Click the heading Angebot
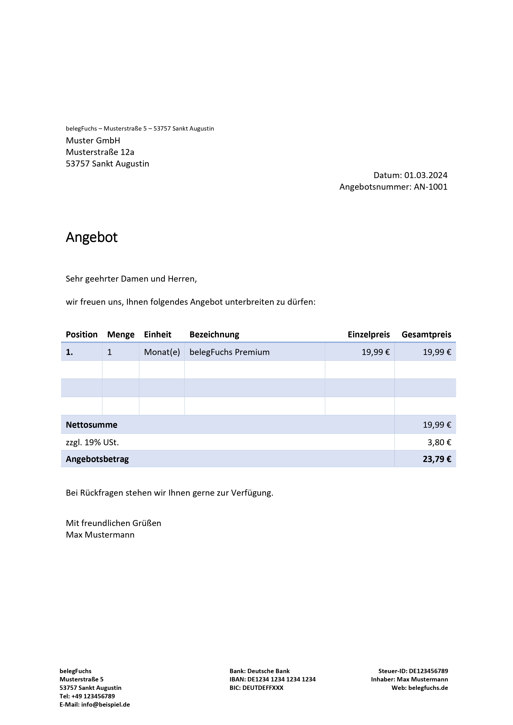point(92,237)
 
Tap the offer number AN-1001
point(430,187)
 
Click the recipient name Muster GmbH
point(93,140)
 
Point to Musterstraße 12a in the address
point(100,152)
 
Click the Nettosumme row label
point(92,425)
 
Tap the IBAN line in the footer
point(272,679)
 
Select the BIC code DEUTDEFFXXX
point(263,688)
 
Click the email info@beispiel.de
point(105,705)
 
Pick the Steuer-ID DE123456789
point(428,671)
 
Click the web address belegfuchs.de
point(428,688)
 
